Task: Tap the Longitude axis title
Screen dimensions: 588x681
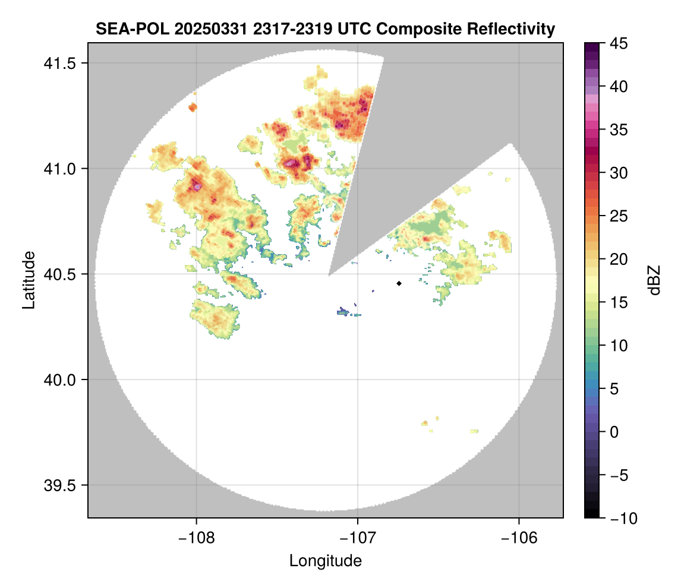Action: [x=325, y=561]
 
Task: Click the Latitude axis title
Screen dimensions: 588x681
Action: [x=29, y=280]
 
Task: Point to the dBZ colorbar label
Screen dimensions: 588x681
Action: [x=654, y=280]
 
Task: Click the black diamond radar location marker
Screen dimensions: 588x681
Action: [x=399, y=283]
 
